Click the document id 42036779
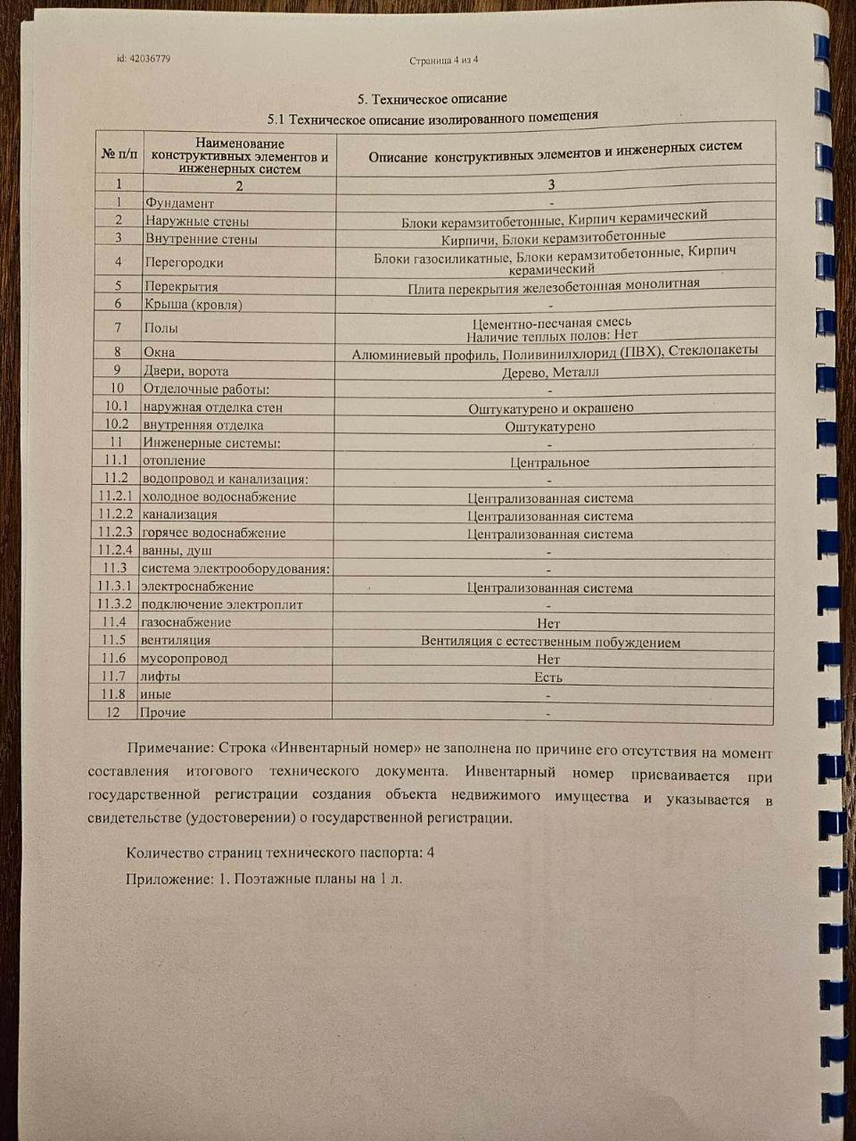click(x=144, y=59)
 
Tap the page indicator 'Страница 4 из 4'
click(x=444, y=61)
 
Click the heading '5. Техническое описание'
click(x=432, y=98)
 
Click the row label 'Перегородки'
click(x=184, y=262)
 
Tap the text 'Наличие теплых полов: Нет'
click(x=552, y=336)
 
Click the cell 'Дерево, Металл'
click(x=550, y=372)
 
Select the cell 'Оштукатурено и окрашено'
click(x=551, y=408)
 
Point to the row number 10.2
click(x=117, y=424)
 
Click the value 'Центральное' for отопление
click(x=549, y=463)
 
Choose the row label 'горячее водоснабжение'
click(x=214, y=533)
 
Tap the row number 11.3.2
click(x=114, y=604)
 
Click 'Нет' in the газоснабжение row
click(x=548, y=624)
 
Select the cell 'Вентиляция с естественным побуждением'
click(x=550, y=642)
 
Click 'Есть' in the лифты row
click(x=548, y=677)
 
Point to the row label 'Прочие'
click(x=163, y=712)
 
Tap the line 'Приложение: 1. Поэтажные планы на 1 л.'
click(x=265, y=879)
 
